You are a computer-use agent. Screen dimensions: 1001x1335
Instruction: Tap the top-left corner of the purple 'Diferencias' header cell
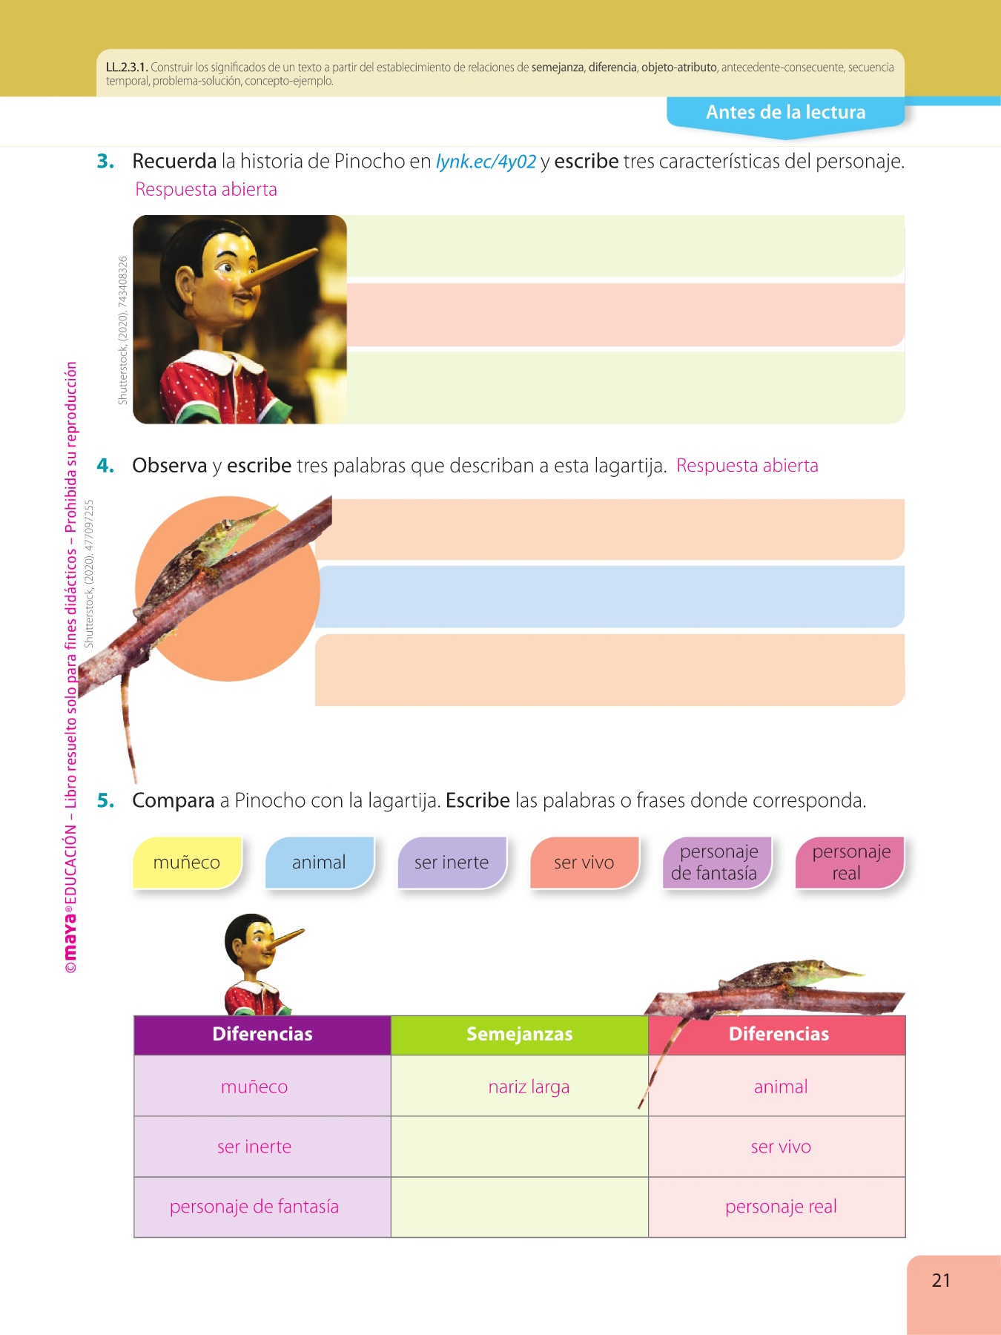[134, 1016]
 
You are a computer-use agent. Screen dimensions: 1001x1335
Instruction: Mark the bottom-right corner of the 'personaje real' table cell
[905, 1237]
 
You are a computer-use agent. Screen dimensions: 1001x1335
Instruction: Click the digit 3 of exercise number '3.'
[103, 161]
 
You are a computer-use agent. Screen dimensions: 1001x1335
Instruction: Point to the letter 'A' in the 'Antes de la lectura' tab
[713, 112]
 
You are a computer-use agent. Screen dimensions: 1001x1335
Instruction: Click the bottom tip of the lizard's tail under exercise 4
[135, 782]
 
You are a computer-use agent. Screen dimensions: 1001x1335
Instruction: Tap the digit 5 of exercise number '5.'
[103, 800]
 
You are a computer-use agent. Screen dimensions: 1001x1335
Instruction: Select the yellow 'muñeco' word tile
[188, 863]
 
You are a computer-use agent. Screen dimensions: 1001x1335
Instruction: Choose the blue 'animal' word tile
[320, 863]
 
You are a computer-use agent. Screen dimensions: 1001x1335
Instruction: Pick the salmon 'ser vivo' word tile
[584, 863]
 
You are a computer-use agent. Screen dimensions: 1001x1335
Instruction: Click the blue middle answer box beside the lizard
[609, 597]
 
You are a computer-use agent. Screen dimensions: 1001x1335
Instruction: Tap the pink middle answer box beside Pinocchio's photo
[626, 315]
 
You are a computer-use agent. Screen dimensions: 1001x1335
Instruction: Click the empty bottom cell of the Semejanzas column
[520, 1207]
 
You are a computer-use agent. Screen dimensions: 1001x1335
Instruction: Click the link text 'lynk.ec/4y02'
[486, 162]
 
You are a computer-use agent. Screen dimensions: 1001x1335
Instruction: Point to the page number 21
[941, 1280]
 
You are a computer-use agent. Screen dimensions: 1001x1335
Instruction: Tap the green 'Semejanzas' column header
[520, 1035]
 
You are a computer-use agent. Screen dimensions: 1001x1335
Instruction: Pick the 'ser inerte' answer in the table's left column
[254, 1147]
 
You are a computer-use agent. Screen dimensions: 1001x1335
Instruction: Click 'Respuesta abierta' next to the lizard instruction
[747, 466]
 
